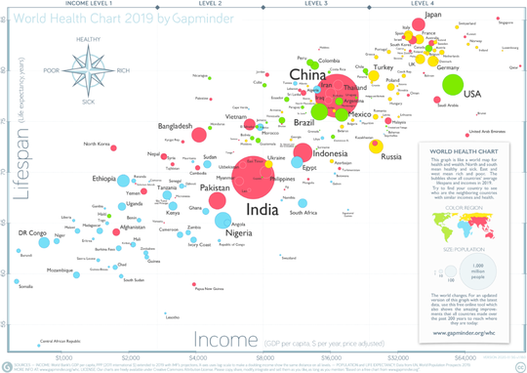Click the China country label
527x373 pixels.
tap(307, 76)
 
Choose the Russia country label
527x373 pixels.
tap(391, 156)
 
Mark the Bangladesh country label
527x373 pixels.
tap(181, 126)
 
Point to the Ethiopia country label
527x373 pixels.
tap(103, 179)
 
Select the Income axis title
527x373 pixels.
tap(226, 339)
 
